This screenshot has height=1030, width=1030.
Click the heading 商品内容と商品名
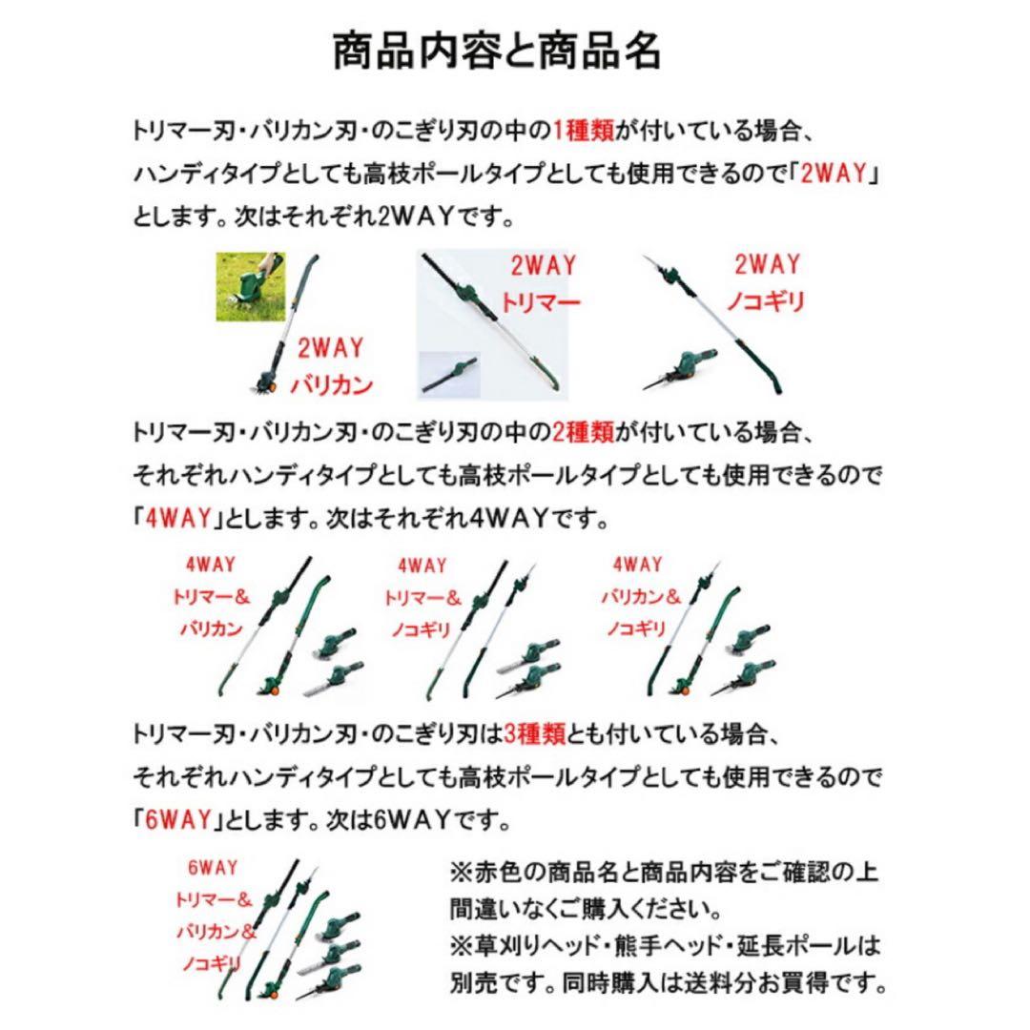(x=496, y=51)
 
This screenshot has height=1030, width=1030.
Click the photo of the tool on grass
(x=251, y=285)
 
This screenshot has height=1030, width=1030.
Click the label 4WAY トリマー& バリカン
(x=211, y=598)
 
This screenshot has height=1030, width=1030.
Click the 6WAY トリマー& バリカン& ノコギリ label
(x=213, y=916)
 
